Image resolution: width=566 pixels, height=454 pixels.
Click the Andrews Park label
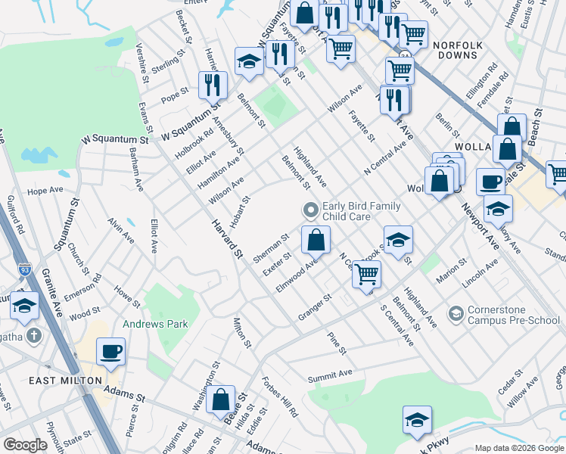[155, 324]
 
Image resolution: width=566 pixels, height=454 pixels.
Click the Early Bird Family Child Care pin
[309, 209]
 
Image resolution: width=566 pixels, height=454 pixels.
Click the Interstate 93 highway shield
[24, 269]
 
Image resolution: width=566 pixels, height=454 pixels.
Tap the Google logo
[26, 445]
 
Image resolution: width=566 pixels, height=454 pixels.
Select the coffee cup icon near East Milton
[111, 352]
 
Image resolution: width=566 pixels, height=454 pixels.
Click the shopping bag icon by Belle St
[221, 400]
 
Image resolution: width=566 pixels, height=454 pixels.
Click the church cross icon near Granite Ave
[33, 334]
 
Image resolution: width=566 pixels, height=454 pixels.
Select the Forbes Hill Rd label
[280, 398]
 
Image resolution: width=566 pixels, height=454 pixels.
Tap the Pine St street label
[337, 343]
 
